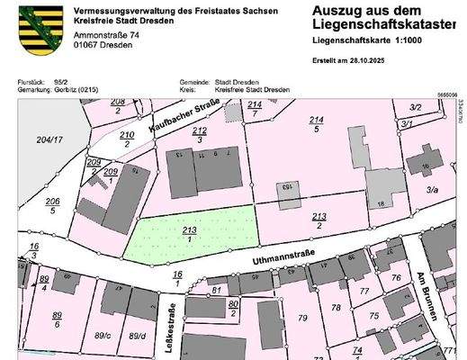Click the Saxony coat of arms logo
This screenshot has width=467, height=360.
coord(30,24)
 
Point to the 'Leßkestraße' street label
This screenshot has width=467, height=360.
coord(168,321)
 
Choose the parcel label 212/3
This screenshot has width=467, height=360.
coord(199,135)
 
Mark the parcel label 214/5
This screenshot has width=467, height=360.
coord(316,124)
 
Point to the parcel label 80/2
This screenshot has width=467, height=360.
coord(232,307)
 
